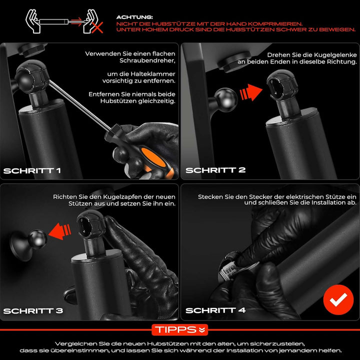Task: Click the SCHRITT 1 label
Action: (x=32, y=170)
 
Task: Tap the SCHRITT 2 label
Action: (x=215, y=170)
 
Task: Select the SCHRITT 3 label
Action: (x=33, y=310)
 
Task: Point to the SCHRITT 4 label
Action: (x=215, y=310)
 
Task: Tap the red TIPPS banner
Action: (x=179, y=329)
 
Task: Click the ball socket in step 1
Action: (x=30, y=77)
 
